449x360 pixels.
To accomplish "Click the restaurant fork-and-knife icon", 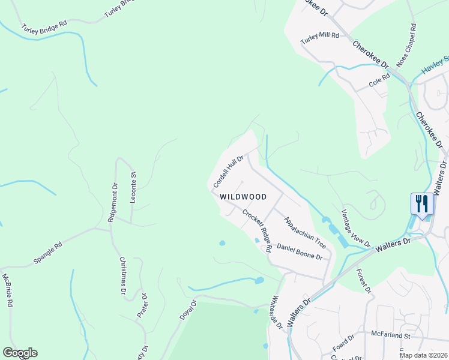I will click(x=422, y=203).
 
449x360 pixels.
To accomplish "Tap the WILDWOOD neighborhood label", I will click(x=243, y=197).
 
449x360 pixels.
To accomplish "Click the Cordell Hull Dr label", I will click(x=228, y=170).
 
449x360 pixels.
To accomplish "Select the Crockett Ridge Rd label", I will click(x=258, y=230).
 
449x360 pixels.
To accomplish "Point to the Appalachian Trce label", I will click(x=305, y=233).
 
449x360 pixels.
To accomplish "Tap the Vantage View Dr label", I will click(x=355, y=229).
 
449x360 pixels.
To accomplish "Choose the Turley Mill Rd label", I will click(x=320, y=36).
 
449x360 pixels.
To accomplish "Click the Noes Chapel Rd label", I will click(x=405, y=46).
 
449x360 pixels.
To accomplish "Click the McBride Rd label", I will click(x=7, y=290).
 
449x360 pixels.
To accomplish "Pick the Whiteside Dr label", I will click(x=276, y=311).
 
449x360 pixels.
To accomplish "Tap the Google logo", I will click(x=20, y=353).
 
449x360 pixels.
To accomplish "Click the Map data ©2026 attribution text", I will click(x=423, y=355).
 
